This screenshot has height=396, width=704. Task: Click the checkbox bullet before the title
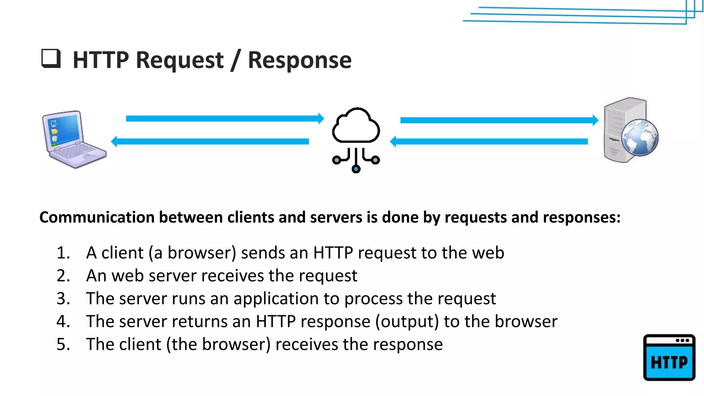pos(51,58)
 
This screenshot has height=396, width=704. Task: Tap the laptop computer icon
pos(74,139)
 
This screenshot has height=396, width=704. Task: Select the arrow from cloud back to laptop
pos(210,142)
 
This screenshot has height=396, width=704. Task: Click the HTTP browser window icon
pos(669,357)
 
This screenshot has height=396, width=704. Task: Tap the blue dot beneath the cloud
pos(356,169)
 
